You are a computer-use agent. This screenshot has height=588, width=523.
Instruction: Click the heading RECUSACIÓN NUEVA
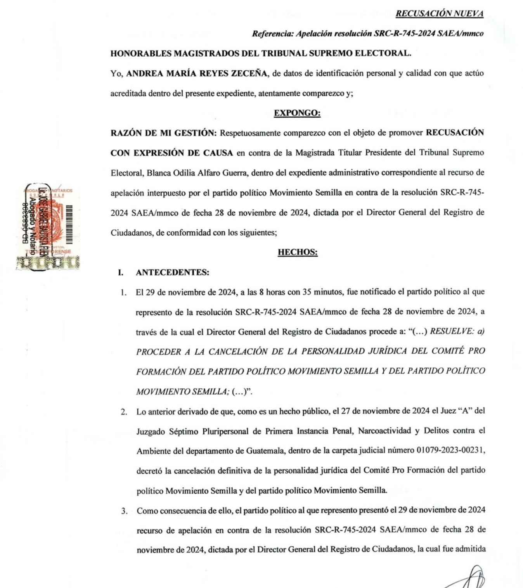[x=439, y=14]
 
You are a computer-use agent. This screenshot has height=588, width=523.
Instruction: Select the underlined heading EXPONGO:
[x=297, y=113]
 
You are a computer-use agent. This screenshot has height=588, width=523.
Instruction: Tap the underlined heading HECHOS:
[x=298, y=252]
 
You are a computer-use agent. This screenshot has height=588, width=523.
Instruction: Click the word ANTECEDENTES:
[x=172, y=272]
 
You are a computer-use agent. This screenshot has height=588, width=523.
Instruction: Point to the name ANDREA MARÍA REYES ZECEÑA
[x=197, y=73]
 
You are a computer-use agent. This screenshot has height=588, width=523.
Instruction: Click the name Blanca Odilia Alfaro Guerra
[x=197, y=173]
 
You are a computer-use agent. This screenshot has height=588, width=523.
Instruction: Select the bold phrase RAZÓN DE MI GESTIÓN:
[x=164, y=133]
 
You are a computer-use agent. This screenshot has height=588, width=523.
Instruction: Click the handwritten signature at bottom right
[x=468, y=579]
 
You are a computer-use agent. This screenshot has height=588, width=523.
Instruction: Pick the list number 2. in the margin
[x=124, y=412]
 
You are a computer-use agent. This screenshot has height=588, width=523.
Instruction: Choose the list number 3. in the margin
[x=124, y=511]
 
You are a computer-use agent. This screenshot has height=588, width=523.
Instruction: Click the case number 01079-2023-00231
[x=450, y=451]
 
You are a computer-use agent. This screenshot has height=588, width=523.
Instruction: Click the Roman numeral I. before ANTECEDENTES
[x=121, y=272]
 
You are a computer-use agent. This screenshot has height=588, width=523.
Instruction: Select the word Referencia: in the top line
[x=273, y=34]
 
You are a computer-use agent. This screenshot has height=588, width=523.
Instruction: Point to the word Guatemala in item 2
[x=265, y=451]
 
